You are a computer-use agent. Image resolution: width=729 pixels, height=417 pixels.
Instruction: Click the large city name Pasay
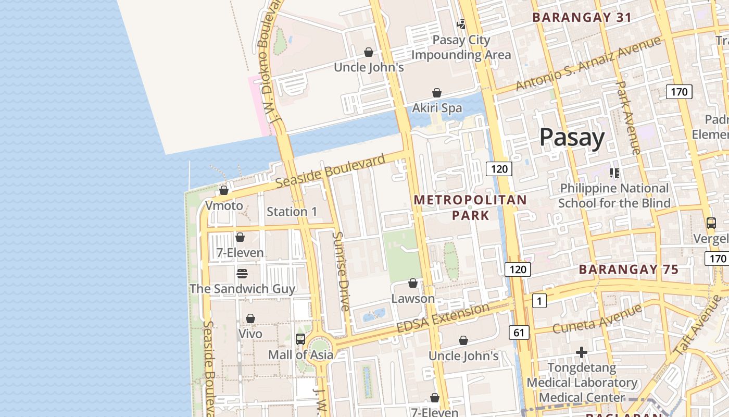(572, 138)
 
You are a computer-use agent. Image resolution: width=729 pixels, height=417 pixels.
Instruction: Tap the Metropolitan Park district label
(470, 207)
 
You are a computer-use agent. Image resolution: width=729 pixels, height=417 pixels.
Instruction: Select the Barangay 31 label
(582, 17)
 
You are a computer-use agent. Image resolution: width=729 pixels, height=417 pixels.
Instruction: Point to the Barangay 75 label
(629, 269)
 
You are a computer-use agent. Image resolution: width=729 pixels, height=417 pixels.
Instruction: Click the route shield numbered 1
(539, 300)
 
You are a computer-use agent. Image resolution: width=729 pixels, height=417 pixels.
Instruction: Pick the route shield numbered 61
(519, 333)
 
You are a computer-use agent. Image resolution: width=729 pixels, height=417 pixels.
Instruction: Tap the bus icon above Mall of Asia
(300, 339)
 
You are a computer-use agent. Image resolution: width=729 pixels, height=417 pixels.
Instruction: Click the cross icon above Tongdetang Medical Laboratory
(582, 353)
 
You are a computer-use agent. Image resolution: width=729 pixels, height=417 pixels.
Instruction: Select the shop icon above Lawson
(413, 283)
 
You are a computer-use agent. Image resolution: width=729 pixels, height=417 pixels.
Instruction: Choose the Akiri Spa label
(437, 108)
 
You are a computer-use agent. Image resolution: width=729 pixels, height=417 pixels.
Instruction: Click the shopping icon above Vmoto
(224, 190)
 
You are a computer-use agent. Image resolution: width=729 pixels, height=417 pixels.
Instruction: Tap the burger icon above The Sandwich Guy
(242, 273)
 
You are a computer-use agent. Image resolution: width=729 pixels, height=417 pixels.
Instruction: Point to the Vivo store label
(250, 334)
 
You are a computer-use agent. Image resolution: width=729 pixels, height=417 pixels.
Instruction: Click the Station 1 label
(292, 212)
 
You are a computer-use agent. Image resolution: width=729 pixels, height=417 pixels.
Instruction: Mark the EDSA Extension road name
(443, 318)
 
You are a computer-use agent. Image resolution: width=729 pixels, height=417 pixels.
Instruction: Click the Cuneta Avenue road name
(597, 319)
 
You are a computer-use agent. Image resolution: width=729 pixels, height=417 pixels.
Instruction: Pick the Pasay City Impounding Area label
(461, 47)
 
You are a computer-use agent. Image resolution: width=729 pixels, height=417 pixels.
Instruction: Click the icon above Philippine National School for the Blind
(614, 173)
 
